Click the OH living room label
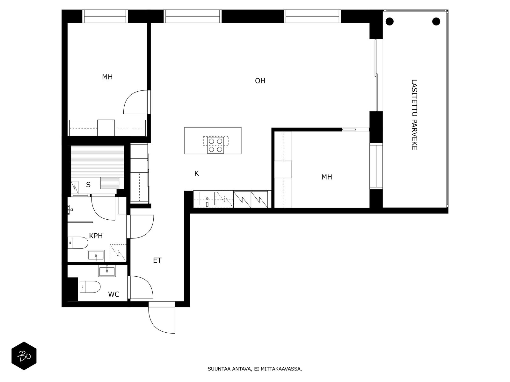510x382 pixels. (260, 81)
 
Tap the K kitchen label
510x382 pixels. (197, 173)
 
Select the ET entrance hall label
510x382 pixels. (157, 260)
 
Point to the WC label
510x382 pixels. (113, 294)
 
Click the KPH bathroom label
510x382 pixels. (96, 236)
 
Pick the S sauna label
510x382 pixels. (88, 185)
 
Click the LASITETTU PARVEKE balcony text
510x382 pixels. (414, 115)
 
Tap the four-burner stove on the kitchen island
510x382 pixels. (215, 145)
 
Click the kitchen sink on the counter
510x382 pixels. (207, 199)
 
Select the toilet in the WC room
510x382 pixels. (90, 287)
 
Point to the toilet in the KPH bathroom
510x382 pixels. (78, 243)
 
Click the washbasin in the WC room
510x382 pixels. (107, 271)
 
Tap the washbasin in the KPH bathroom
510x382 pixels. (96, 256)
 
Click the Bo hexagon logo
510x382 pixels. (24, 356)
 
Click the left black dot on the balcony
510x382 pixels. (390, 22)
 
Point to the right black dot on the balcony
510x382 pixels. (436, 22)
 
